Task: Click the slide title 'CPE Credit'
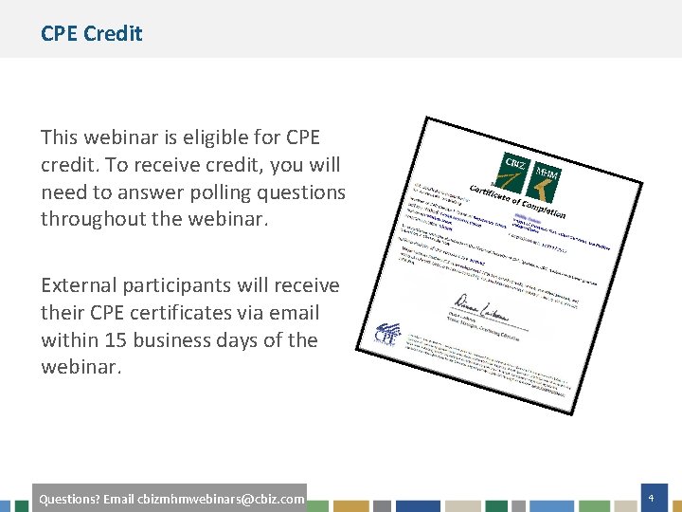[x=91, y=33]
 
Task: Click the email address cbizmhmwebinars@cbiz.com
[x=221, y=499]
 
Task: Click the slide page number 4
[x=651, y=498]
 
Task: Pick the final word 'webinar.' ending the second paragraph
[x=81, y=367]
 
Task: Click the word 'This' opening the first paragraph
[x=61, y=137]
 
